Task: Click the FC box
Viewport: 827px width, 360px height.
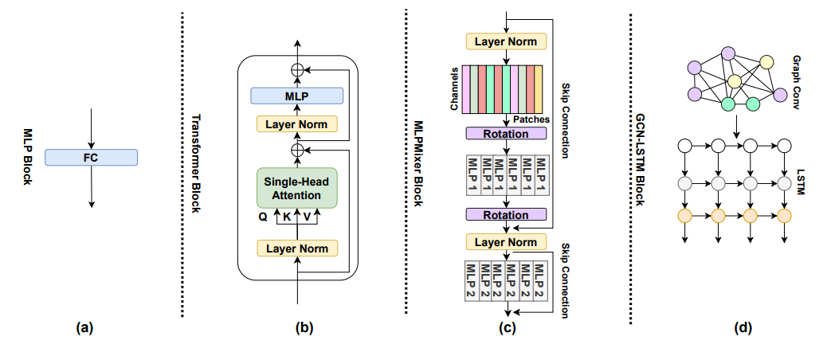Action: tap(91, 158)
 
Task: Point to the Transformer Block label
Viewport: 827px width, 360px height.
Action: tap(196, 163)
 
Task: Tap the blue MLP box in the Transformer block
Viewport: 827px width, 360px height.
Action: tap(297, 96)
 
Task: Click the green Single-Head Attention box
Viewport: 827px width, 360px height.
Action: tap(297, 187)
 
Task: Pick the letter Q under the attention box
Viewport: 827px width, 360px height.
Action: tap(263, 215)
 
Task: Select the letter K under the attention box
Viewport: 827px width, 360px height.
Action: tap(287, 215)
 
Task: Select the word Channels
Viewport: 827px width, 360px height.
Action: tap(452, 87)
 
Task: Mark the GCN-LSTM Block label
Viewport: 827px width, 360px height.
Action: tap(640, 163)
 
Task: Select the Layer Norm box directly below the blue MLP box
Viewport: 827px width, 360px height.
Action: tap(297, 123)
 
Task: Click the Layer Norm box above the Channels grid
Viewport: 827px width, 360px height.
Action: tap(506, 41)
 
